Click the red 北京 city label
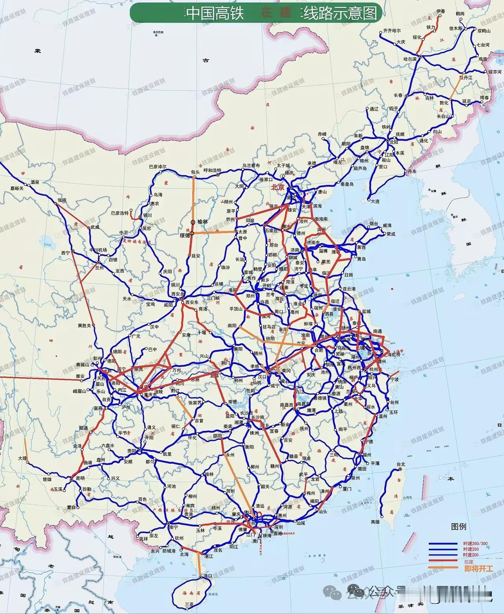point(278,188)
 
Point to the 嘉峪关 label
point(17,189)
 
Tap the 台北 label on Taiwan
point(401,464)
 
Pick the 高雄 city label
point(375,522)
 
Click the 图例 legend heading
point(459,526)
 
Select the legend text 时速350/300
point(475,544)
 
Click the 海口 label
point(208,575)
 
